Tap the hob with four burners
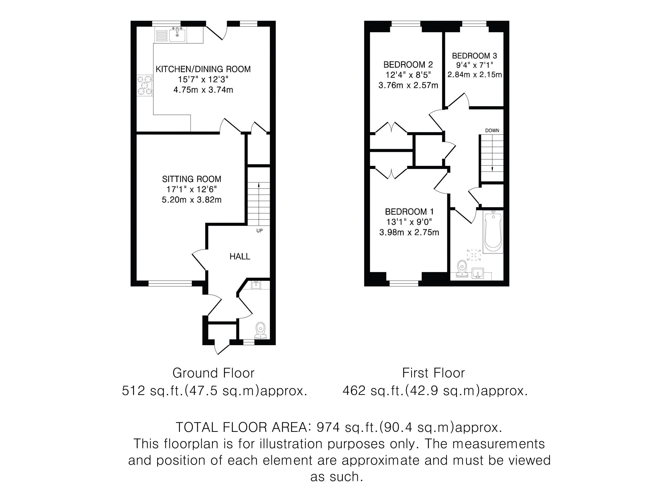click(x=145, y=85)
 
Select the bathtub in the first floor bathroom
click(x=493, y=232)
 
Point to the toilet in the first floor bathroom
click(x=462, y=269)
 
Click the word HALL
click(x=240, y=256)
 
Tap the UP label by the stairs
click(x=259, y=231)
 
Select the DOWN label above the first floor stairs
click(x=492, y=130)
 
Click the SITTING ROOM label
click(x=191, y=179)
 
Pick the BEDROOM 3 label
click(x=475, y=56)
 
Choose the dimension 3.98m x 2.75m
click(x=409, y=233)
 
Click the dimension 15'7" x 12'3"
click(x=203, y=79)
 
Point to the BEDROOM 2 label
click(x=408, y=65)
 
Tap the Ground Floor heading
click(x=213, y=373)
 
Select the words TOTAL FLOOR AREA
click(x=242, y=427)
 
